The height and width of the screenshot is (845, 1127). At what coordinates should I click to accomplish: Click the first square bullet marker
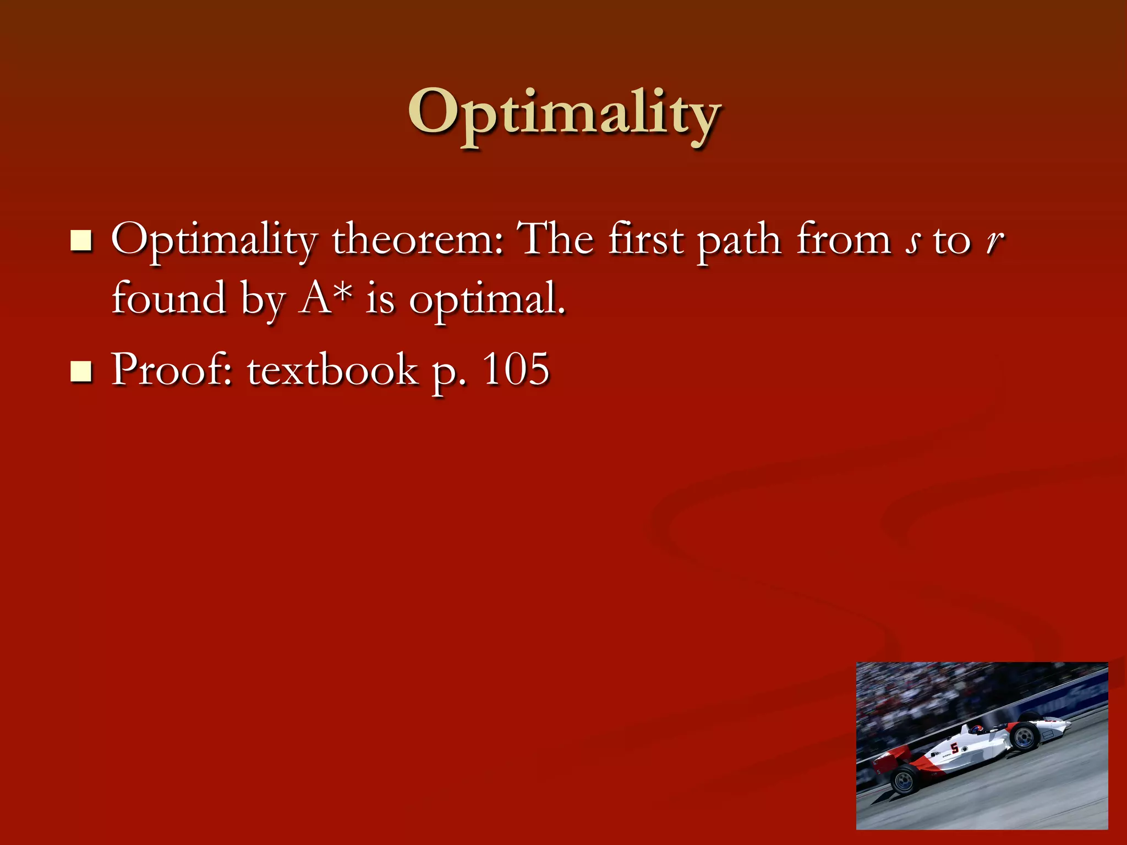81,241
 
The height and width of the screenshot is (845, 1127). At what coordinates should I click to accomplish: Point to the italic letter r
994,242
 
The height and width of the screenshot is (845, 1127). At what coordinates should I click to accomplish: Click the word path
739,242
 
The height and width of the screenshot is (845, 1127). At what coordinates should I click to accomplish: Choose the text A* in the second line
325,298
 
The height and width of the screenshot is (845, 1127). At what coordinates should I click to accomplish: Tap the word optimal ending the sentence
486,301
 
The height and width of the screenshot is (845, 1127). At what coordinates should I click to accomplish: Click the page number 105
516,369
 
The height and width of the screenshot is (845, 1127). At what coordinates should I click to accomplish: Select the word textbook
332,370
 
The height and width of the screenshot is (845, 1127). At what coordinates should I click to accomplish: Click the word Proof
171,370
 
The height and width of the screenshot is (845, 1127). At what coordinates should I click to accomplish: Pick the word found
168,298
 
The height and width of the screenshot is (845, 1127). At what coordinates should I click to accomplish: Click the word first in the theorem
645,240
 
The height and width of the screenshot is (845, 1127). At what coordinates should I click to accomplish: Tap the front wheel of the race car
1024,737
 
